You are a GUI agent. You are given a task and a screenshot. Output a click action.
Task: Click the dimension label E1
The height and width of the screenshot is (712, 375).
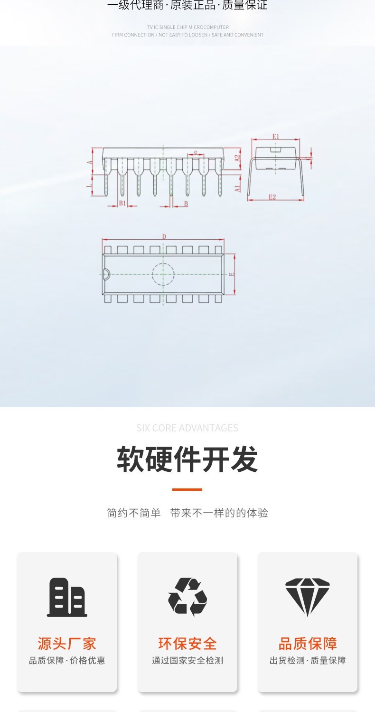click(x=276, y=137)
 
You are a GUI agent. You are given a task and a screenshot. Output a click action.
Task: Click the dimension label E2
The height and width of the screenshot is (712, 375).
click(x=272, y=197)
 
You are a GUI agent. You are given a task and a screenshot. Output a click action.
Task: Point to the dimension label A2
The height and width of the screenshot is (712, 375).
click(x=238, y=159)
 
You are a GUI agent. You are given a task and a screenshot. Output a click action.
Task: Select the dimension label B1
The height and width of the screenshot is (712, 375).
click(x=122, y=203)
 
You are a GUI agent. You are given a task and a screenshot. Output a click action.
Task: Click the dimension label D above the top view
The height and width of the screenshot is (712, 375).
click(x=164, y=236)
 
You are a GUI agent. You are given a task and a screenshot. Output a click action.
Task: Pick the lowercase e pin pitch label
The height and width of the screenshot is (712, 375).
click(x=195, y=152)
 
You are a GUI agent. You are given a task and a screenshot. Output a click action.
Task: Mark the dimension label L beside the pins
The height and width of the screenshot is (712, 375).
click(x=89, y=186)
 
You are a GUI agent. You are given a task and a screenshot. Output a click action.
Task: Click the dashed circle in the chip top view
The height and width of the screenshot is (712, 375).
click(x=163, y=274)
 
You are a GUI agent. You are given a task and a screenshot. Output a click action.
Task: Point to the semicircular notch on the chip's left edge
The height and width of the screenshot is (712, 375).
click(x=106, y=274)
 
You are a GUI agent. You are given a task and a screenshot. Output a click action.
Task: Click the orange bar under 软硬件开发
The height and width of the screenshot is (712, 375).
click(x=187, y=489)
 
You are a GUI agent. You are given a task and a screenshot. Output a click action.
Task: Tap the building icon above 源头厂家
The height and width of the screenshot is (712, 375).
click(x=67, y=597)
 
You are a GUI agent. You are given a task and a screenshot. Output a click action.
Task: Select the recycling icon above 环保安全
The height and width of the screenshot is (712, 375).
click(x=187, y=597)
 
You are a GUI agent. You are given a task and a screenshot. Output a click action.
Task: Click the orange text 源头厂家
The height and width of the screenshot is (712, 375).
click(x=67, y=644)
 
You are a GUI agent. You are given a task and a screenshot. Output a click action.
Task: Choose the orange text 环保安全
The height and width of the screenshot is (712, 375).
click(x=187, y=644)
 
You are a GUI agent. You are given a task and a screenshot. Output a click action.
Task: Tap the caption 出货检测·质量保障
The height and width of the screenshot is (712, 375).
click(x=308, y=660)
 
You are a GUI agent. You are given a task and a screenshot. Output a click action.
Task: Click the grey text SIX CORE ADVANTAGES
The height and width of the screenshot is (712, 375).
click(x=187, y=428)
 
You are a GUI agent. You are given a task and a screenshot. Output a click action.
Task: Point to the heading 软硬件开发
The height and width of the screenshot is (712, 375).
click(x=187, y=459)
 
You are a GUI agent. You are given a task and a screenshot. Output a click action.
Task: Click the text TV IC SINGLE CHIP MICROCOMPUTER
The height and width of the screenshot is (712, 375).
click(x=187, y=27)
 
